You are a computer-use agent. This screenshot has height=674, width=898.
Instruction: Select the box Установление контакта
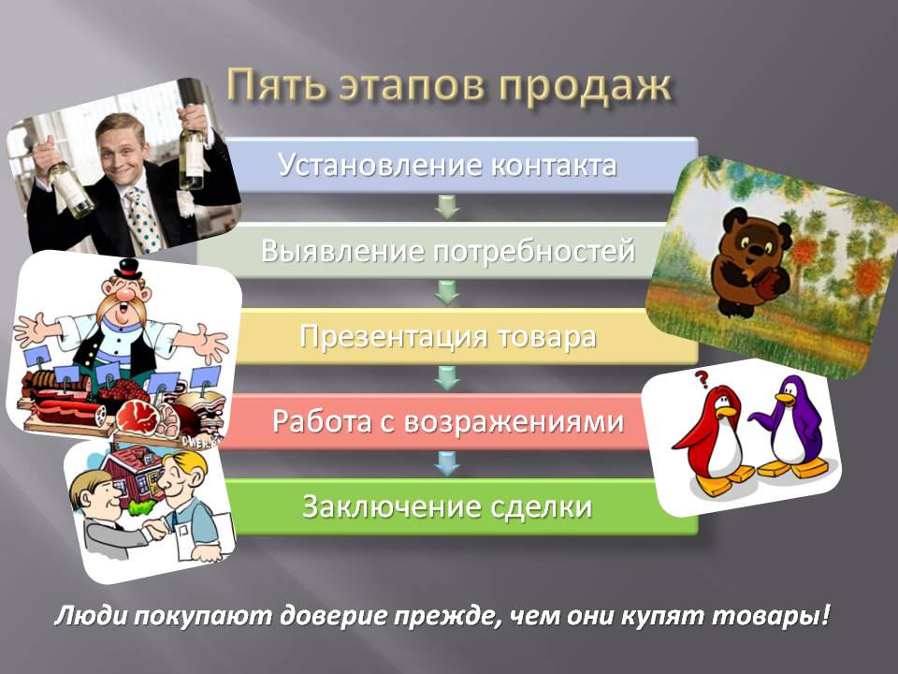[x=448, y=166]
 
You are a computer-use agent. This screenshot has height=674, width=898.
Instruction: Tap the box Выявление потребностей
[x=448, y=251]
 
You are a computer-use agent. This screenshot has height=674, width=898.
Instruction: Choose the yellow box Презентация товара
[x=448, y=336]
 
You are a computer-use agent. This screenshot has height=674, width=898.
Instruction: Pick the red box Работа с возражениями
[x=448, y=421]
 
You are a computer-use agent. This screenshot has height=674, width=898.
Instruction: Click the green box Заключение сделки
[x=448, y=506]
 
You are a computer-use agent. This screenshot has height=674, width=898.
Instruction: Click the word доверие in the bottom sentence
[x=360, y=618]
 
